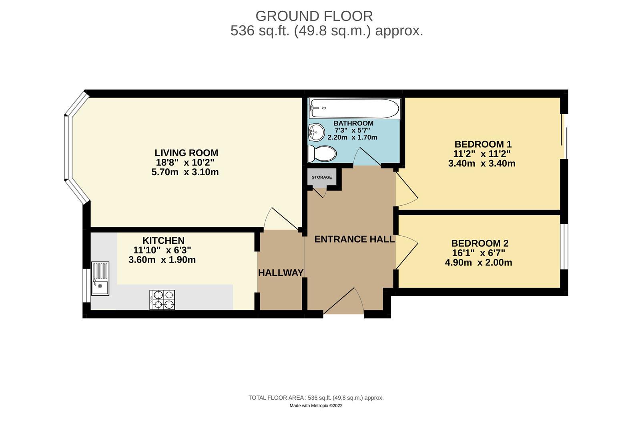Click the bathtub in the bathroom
tap(354, 108)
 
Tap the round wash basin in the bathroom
tap(316, 132)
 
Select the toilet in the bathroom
tap(322, 154)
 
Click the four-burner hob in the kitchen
tap(162, 300)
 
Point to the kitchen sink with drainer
tap(100, 279)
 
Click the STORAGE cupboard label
tap(322, 177)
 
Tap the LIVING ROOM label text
tap(186, 153)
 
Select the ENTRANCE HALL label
tap(354, 239)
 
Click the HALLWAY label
tap(281, 273)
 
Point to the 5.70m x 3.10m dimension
tap(185, 172)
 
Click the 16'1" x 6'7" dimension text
tap(480, 253)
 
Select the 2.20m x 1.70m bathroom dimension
tap(352, 138)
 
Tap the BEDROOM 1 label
tap(483, 144)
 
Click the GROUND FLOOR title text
tap(314, 16)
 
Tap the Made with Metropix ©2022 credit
tap(316, 406)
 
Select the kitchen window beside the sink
tap(86, 285)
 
